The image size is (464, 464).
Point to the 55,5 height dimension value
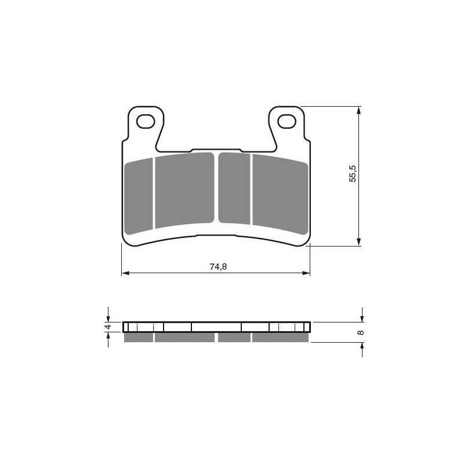[x=352, y=175]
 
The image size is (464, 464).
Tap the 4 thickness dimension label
[x=108, y=328]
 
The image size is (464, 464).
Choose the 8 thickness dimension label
[x=360, y=332]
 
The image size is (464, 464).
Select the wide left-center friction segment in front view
[x=184, y=190]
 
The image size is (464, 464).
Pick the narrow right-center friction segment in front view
[x=234, y=187]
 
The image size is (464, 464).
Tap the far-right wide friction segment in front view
[x=279, y=193]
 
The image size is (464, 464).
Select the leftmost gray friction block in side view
[x=139, y=338]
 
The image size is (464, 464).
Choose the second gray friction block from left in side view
[x=184, y=338]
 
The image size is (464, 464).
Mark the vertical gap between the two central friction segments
[x=216, y=187]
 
